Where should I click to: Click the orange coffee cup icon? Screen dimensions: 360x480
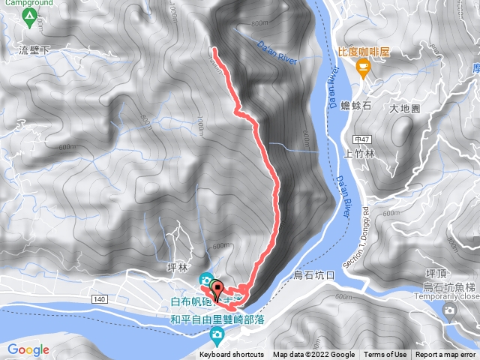[x=363, y=69]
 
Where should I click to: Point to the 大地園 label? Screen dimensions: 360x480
[x=405, y=109]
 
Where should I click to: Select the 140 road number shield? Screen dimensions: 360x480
[x=99, y=298]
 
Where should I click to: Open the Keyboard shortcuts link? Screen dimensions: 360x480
[x=232, y=355]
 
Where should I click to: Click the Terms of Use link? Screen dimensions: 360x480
[x=385, y=355]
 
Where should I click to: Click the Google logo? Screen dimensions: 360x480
[x=28, y=349]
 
